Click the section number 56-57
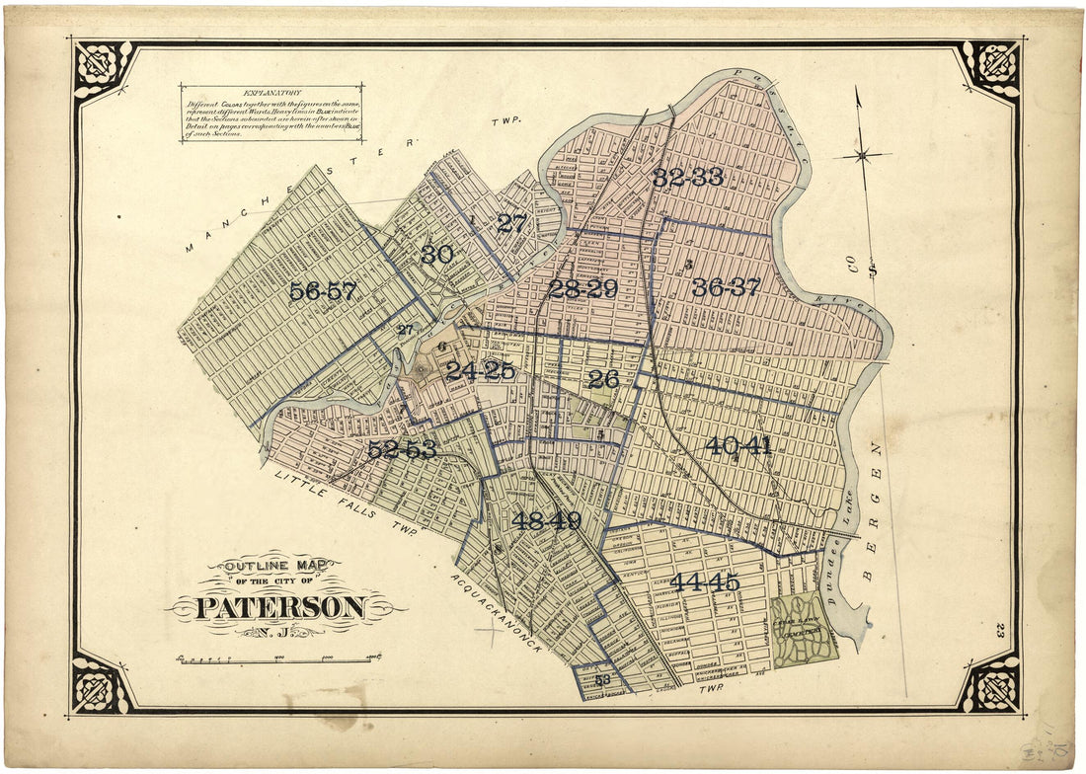tap(324, 292)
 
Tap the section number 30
tap(436, 255)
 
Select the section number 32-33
tap(688, 178)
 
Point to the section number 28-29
tap(582, 289)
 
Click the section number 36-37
tap(726, 288)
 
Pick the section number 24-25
tap(480, 371)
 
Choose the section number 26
tap(602, 378)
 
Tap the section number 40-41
tap(737, 446)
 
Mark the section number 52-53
tap(402, 450)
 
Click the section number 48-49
tap(546, 521)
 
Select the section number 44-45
tap(705, 582)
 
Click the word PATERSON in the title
tap(281, 607)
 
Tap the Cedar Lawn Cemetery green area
tap(805, 629)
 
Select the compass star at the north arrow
tap(862, 155)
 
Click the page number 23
tap(1000, 630)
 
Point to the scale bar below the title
tap(276, 658)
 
